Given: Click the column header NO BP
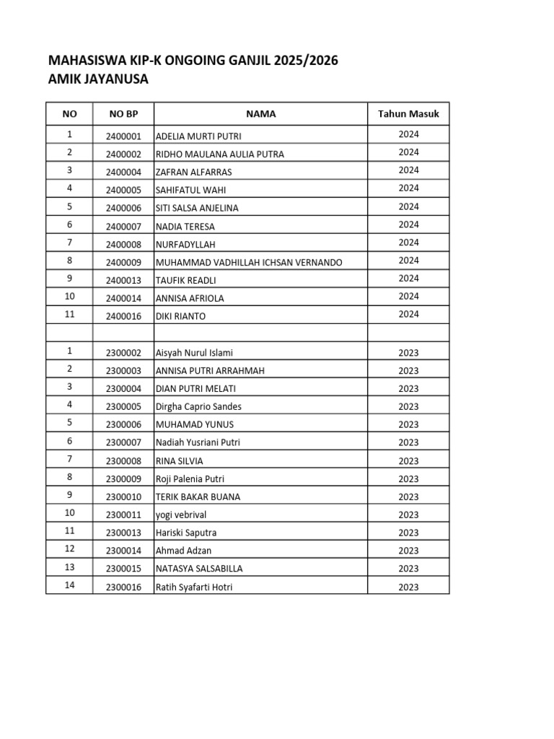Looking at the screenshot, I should click(123, 114).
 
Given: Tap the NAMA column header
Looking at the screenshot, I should click(260, 114).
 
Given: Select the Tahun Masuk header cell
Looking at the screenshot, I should click(408, 114).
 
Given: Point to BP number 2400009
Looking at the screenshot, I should click(123, 262).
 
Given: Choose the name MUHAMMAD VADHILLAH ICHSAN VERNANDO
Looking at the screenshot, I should click(249, 262).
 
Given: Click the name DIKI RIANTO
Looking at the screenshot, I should click(177, 316).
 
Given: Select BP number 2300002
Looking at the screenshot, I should click(123, 353).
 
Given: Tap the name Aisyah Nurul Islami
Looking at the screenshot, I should click(194, 353).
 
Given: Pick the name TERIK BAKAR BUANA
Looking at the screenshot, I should click(198, 497).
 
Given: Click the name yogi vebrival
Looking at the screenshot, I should click(185, 515).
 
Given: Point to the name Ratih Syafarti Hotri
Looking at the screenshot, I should click(194, 587).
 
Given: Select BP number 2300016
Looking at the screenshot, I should click(123, 587).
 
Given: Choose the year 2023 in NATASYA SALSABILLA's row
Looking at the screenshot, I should click(408, 569).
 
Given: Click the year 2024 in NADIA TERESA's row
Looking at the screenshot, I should click(408, 224).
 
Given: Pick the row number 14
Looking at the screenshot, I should click(69, 585).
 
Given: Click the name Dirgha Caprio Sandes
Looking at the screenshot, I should click(198, 407).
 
